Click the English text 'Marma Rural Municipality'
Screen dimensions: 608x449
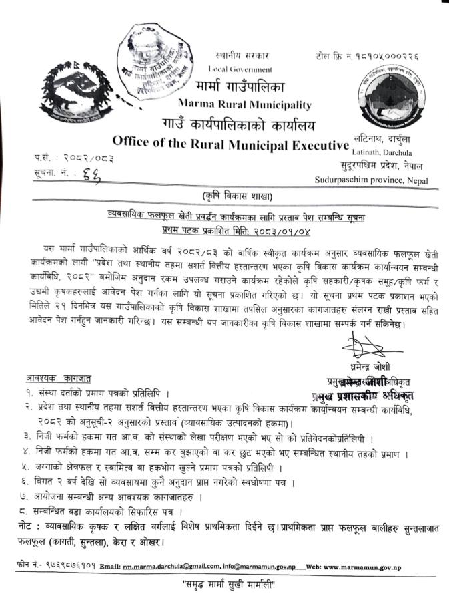click(x=245, y=104)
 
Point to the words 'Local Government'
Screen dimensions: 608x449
click(x=240, y=69)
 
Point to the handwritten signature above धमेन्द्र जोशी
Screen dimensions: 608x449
click(x=364, y=347)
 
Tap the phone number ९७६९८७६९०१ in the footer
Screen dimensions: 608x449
click(x=67, y=567)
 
